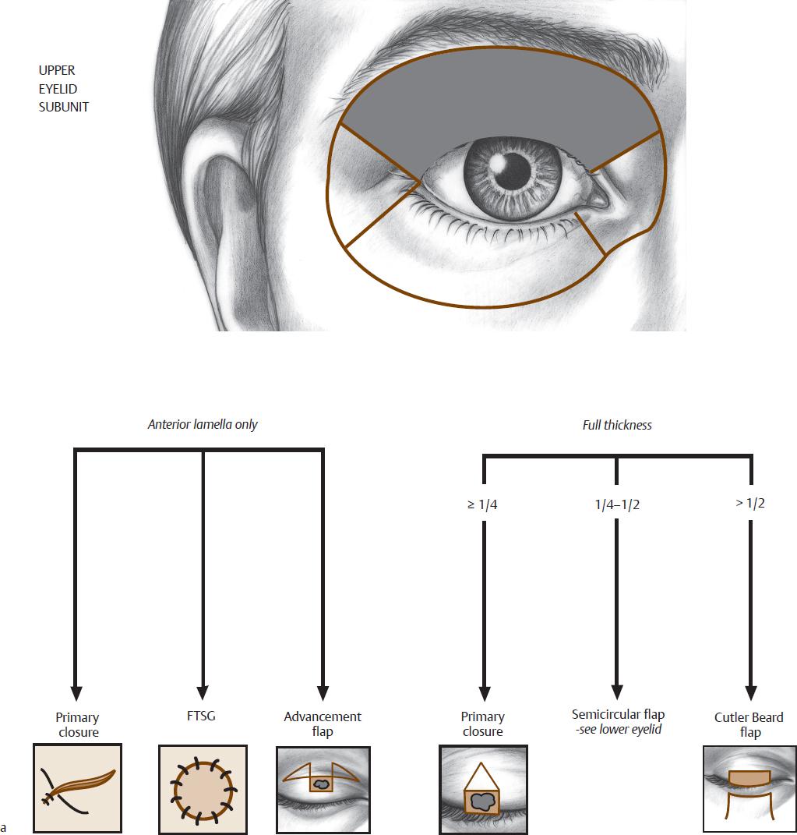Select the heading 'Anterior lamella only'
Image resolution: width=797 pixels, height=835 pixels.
203,425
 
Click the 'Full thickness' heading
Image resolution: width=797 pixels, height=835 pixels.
617,425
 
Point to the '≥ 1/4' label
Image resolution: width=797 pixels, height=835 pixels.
482,504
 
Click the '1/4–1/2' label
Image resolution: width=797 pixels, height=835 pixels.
617,504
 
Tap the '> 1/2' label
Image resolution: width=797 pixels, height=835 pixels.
750,503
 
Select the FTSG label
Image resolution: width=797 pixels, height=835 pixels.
203,716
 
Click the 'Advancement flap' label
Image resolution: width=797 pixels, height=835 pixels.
323,724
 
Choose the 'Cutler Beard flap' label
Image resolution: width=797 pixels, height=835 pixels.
749,725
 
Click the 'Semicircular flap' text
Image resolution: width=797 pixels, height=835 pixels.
618,714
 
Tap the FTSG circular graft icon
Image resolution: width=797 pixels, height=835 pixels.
203,789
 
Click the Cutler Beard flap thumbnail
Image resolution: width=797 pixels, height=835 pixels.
749,789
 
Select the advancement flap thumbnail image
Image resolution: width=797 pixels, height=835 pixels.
323,789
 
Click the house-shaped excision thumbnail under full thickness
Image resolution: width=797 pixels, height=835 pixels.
483,789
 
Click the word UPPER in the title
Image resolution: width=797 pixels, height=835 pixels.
57,71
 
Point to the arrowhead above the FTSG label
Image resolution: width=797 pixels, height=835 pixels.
203,692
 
